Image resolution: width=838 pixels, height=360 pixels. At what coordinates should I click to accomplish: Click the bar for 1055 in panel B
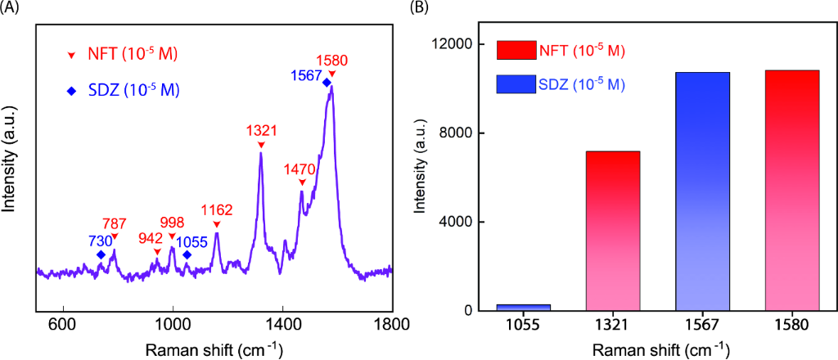(x=525, y=307)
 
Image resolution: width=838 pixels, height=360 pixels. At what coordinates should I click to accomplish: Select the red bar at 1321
(x=613, y=231)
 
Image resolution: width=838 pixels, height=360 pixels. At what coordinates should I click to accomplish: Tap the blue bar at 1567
(x=702, y=191)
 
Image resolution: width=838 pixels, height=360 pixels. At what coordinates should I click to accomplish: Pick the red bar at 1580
(x=791, y=191)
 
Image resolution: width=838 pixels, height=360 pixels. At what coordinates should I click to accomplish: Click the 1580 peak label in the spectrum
(x=332, y=60)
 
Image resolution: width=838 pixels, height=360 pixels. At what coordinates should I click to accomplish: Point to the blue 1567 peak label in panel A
(x=304, y=75)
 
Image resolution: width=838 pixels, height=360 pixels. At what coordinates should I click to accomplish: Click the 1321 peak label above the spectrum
(x=262, y=130)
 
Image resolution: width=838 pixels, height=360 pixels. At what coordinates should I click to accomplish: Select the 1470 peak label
(x=300, y=169)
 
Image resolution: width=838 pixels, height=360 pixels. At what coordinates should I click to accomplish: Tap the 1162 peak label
(x=217, y=210)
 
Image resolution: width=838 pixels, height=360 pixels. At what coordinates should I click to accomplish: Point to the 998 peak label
(x=172, y=223)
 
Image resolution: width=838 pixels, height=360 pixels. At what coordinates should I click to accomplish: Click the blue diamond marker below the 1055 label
(x=187, y=255)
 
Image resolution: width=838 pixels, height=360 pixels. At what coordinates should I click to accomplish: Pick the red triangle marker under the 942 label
(x=157, y=252)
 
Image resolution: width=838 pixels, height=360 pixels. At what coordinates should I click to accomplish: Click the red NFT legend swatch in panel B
(x=516, y=51)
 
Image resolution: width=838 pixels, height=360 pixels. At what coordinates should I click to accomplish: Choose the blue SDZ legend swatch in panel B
(x=516, y=83)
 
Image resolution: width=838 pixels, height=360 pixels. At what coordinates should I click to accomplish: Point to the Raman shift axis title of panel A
(x=214, y=349)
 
